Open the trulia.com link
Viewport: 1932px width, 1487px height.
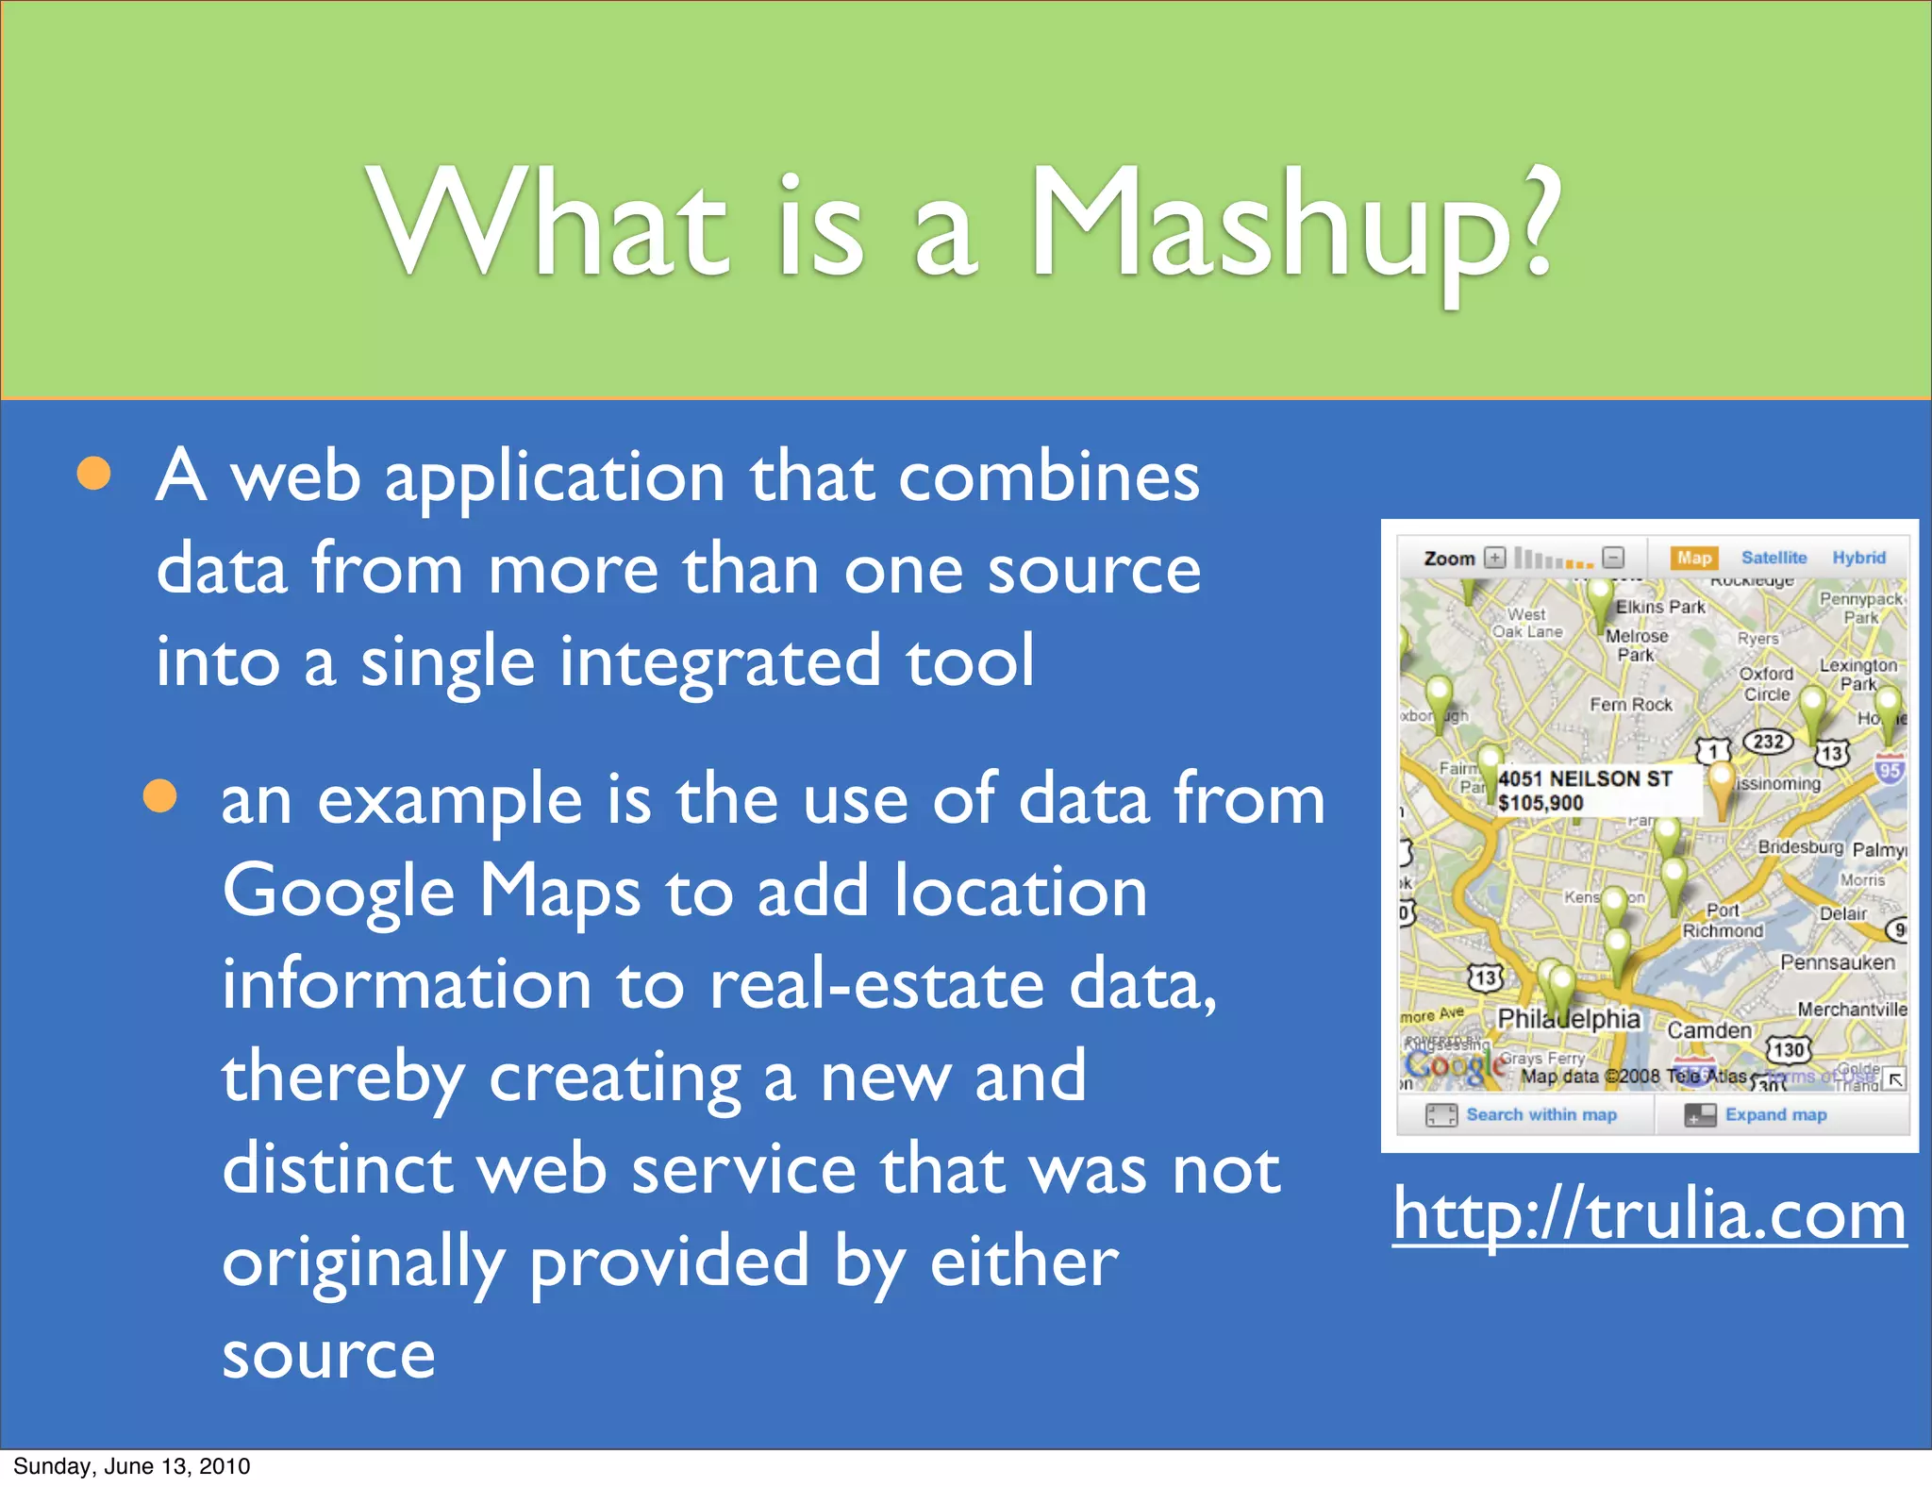pyautogui.click(x=1649, y=1215)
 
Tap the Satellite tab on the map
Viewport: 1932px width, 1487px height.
pyautogui.click(x=1774, y=558)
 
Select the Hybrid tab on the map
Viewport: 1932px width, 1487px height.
pyautogui.click(x=1858, y=558)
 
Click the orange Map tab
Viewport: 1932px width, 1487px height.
pyautogui.click(x=1693, y=558)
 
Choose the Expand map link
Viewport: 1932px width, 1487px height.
pyautogui.click(x=1775, y=1115)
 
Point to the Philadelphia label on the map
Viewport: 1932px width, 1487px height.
pyautogui.click(x=1569, y=1019)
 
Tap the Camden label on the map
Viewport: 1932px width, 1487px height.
pyautogui.click(x=1709, y=1030)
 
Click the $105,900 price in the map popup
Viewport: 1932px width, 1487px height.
pyautogui.click(x=1541, y=804)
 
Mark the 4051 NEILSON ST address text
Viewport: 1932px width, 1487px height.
pyautogui.click(x=1585, y=778)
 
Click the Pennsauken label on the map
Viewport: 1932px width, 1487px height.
pyautogui.click(x=1837, y=962)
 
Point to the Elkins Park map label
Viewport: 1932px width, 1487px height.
pyautogui.click(x=1660, y=607)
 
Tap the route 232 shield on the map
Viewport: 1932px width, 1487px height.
pyautogui.click(x=1768, y=742)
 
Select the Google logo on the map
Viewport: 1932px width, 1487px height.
pyautogui.click(x=1455, y=1066)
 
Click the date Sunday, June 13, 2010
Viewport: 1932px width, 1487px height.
pyautogui.click(x=132, y=1466)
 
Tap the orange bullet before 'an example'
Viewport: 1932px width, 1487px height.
pyautogui.click(x=160, y=796)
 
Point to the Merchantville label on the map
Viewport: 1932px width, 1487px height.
pyautogui.click(x=1852, y=1010)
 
